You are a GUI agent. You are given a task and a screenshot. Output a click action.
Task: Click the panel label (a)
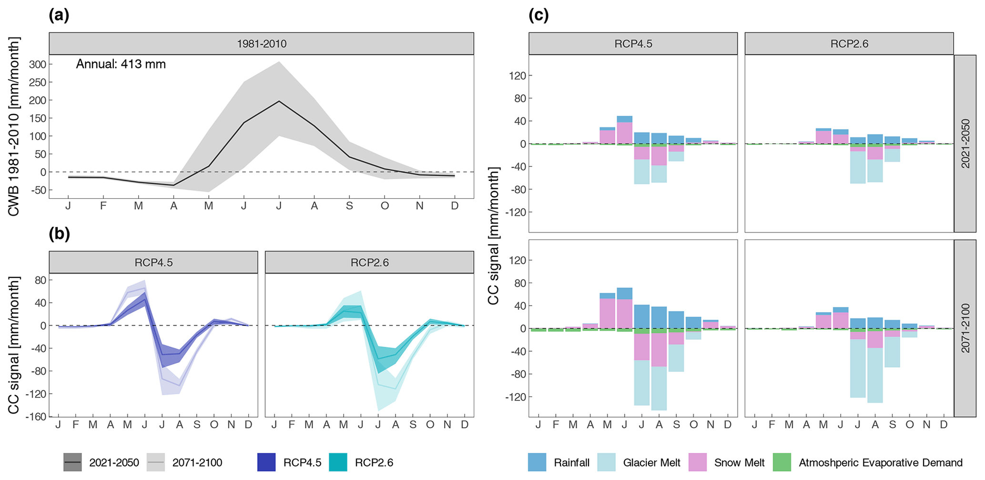[59, 16]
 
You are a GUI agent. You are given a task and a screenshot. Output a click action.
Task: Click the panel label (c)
[538, 16]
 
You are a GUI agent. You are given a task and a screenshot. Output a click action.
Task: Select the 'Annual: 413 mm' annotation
[121, 64]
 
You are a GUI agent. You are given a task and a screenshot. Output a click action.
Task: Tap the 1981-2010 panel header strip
[261, 44]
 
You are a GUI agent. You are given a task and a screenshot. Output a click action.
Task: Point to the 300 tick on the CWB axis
[38, 64]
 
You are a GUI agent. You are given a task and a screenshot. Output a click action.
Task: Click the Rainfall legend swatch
[537, 462]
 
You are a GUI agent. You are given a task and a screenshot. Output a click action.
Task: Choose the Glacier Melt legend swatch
[606, 462]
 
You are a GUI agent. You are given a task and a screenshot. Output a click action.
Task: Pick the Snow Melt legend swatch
[697, 462]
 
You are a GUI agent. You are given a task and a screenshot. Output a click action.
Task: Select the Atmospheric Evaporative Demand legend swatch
[782, 462]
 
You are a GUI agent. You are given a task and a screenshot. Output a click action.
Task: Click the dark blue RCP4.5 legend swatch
[266, 462]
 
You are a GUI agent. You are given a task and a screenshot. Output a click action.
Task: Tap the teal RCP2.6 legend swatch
[338, 462]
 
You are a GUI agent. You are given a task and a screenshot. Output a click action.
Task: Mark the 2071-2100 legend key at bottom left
[156, 462]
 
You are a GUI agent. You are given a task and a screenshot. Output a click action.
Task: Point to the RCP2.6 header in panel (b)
[369, 263]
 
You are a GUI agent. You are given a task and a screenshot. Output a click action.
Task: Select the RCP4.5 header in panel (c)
[633, 44]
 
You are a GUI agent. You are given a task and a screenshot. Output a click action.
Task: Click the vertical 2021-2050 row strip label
[965, 143]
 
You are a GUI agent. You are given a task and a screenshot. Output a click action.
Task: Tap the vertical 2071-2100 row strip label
[965, 328]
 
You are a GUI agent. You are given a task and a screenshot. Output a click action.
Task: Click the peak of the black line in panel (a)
[279, 101]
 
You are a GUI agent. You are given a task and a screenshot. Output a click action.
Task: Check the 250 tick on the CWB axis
[38, 82]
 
